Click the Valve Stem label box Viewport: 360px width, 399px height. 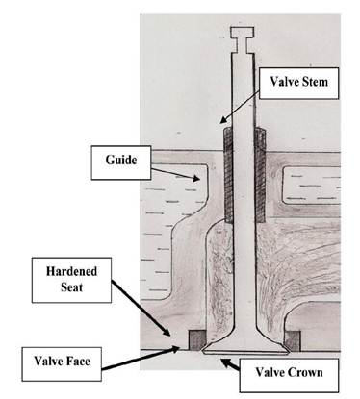pos(299,83)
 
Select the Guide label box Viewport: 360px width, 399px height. pos(121,162)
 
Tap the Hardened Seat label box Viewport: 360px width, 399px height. pos(71,280)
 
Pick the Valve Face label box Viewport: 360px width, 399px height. pos(62,364)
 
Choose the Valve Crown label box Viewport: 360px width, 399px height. pos(289,375)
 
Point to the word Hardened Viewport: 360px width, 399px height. pos(71,271)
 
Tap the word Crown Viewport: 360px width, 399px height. pos(305,372)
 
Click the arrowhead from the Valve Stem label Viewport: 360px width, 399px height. pos(222,120)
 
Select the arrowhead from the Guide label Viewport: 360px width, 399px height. pos(196,178)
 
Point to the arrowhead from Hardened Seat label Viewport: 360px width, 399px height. pos(167,332)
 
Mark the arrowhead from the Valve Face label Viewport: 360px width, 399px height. pos(174,348)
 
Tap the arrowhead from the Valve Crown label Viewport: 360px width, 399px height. pos(225,362)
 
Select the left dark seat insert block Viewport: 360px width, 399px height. pos(196,340)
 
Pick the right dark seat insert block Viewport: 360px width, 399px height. pos(293,340)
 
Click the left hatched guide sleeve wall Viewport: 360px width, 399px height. pos(228,175)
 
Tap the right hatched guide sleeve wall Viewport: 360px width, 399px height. pos(260,175)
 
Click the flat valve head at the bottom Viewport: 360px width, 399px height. pos(245,348)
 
